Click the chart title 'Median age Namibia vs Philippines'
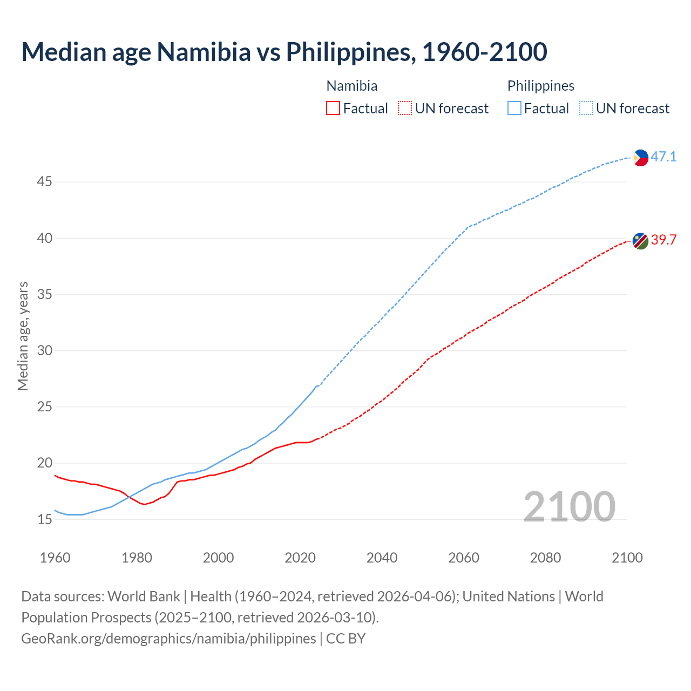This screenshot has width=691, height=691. [284, 52]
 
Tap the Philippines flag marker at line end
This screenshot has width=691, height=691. [640, 158]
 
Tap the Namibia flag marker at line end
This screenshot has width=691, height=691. [640, 241]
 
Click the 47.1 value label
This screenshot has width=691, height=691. [663, 157]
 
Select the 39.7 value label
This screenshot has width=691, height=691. [663, 240]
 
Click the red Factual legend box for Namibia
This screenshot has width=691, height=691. [333, 109]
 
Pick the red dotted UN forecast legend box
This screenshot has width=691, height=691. [405, 109]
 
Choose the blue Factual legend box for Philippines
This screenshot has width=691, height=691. [514, 109]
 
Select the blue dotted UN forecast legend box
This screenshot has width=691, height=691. [586, 109]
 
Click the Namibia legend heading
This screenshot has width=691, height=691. [352, 86]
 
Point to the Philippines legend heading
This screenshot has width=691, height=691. [540, 86]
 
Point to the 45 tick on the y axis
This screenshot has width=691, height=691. [44, 182]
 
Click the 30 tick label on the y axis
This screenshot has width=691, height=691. [44, 351]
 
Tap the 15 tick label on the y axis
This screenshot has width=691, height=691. [44, 520]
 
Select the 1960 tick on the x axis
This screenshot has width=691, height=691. [55, 558]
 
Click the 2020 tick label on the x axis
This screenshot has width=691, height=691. [300, 558]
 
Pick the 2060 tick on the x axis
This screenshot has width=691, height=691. [464, 558]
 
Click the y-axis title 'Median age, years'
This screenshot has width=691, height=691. [23, 336]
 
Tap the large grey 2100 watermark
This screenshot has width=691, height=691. [569, 506]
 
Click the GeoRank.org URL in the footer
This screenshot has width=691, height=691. [168, 639]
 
